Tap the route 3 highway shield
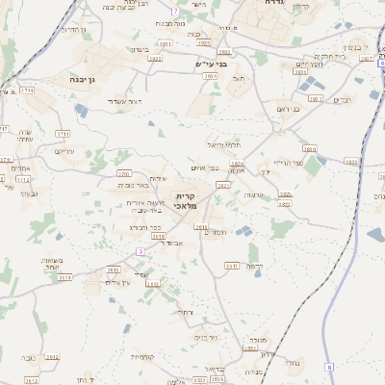140,251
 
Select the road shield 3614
65,277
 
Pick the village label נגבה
28,358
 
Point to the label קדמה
254,265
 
